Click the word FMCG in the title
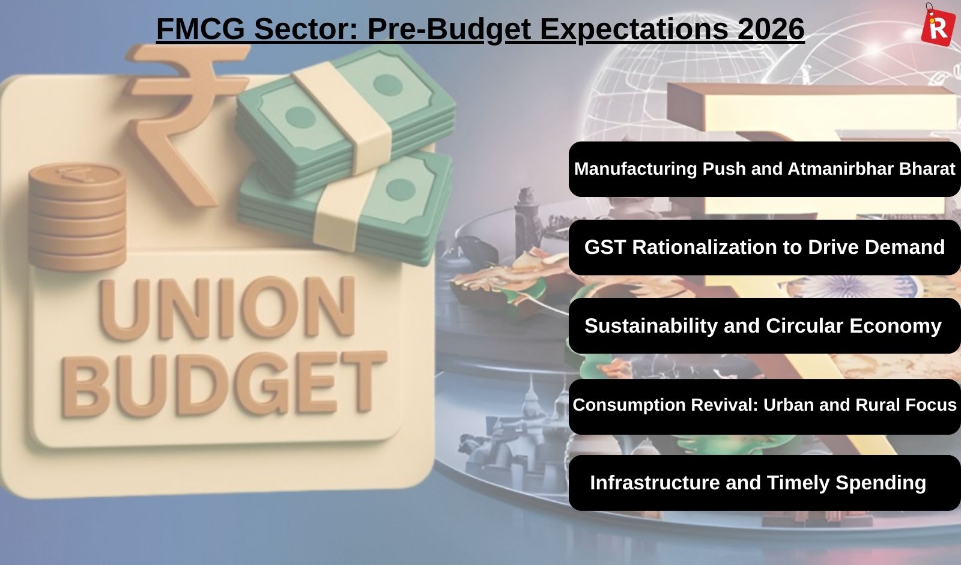pyautogui.click(x=201, y=29)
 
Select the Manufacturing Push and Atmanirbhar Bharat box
pyautogui.click(x=765, y=169)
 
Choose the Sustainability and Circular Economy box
pyautogui.click(x=765, y=325)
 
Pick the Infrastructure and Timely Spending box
pyautogui.click(x=765, y=483)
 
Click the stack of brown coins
pyautogui.click(x=77, y=217)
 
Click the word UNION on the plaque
pyautogui.click(x=228, y=307)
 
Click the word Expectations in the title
pyautogui.click(x=634, y=29)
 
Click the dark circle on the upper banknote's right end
pyautogui.click(x=388, y=85)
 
